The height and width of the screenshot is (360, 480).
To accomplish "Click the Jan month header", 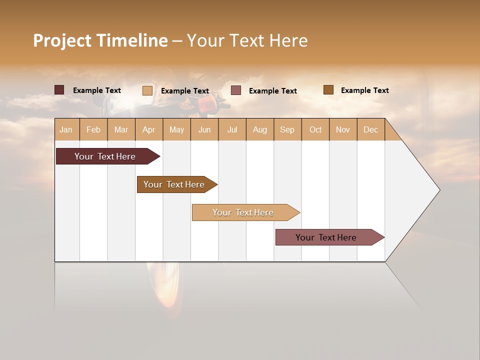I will point(66,129).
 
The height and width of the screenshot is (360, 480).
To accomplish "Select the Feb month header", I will point(93,129).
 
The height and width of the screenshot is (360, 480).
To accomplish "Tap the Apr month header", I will point(148,129).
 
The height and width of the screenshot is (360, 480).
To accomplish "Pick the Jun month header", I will point(204,129).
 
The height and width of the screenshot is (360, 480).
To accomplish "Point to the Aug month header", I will point(259,129).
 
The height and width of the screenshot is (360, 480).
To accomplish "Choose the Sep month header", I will point(287,129).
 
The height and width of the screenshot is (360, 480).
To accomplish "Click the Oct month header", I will point(315,129).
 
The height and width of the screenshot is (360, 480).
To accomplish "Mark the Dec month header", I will point(370,129).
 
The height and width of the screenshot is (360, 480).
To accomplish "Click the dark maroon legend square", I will point(59,90).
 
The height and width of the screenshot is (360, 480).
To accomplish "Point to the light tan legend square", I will point(147,90).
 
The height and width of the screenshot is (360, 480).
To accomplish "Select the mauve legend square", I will point(236,90).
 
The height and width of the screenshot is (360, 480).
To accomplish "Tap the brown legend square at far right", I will point(328,90).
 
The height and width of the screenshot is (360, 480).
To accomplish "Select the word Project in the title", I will point(62,40).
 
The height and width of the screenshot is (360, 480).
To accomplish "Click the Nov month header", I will point(343,129).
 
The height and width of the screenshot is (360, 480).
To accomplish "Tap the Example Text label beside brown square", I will point(364,90).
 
